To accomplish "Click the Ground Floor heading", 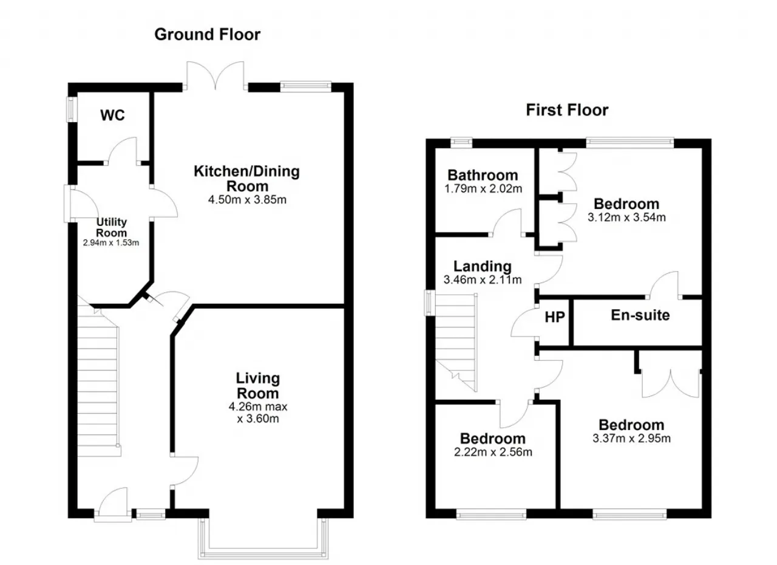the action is point(207,35).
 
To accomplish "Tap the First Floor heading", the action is point(567,110).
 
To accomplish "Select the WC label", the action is point(112,115).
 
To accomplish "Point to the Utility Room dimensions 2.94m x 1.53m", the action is point(110,242).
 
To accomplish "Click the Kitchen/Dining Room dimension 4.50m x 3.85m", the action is point(247,199).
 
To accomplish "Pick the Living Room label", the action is point(258,386).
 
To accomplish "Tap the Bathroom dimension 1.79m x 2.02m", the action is point(483,188).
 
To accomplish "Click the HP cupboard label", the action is point(555,317).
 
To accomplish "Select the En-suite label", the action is point(640,315).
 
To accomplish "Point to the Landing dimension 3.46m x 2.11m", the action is point(483,279).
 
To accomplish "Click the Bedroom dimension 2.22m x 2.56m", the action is point(493,452).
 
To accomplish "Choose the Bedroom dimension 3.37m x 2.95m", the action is point(631,438).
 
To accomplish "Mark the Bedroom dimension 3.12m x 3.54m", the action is point(626,217).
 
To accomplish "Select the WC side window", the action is point(72,109).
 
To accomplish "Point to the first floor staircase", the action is point(456,343).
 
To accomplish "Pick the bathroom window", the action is point(461,142).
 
